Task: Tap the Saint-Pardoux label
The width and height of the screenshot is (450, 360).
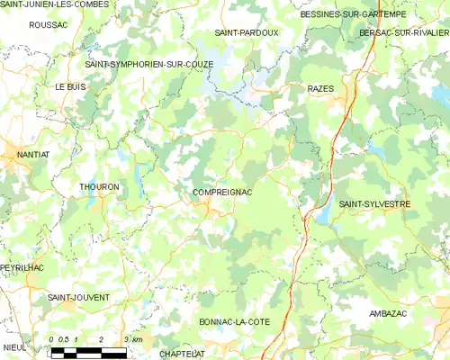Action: pyautogui.click(x=247, y=32)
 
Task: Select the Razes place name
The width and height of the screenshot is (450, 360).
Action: pyautogui.click(x=320, y=89)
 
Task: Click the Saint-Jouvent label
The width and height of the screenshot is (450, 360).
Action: pyautogui.click(x=78, y=296)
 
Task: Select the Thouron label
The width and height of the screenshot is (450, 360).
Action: pyautogui.click(x=99, y=187)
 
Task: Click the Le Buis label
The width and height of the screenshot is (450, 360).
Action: pyautogui.click(x=69, y=87)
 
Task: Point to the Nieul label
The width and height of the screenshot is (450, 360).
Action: pyautogui.click(x=13, y=346)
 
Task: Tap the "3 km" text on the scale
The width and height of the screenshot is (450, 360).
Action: pyautogui.click(x=135, y=339)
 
